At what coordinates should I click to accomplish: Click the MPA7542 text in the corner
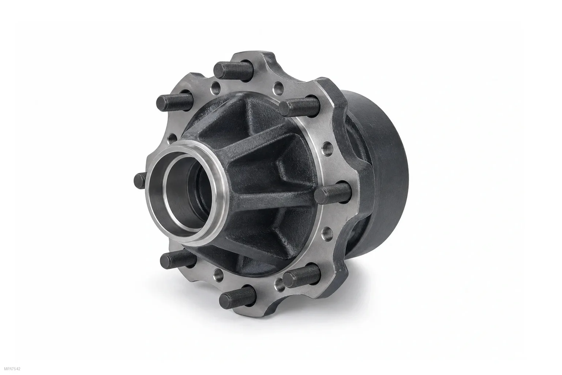point(12,369)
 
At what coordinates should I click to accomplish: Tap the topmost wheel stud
point(233,70)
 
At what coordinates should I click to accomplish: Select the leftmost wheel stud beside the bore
point(140,181)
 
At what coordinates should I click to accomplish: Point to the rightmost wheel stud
point(333,193)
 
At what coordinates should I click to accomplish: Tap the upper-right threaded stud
point(299,107)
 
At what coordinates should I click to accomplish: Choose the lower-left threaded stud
point(178,259)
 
